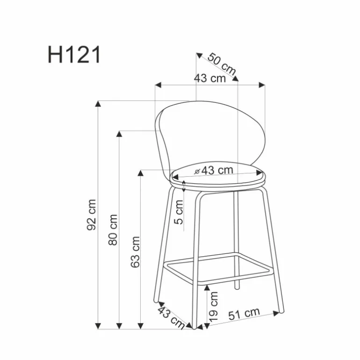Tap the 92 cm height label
click(91, 215)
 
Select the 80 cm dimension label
click(113, 230)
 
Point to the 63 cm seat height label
click(135, 252)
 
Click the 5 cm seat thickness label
click(179, 212)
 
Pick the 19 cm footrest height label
click(213, 307)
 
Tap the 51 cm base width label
click(244, 313)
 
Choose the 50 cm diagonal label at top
click(222, 64)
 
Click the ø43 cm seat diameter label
click(214, 170)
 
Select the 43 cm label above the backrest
click(210, 78)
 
